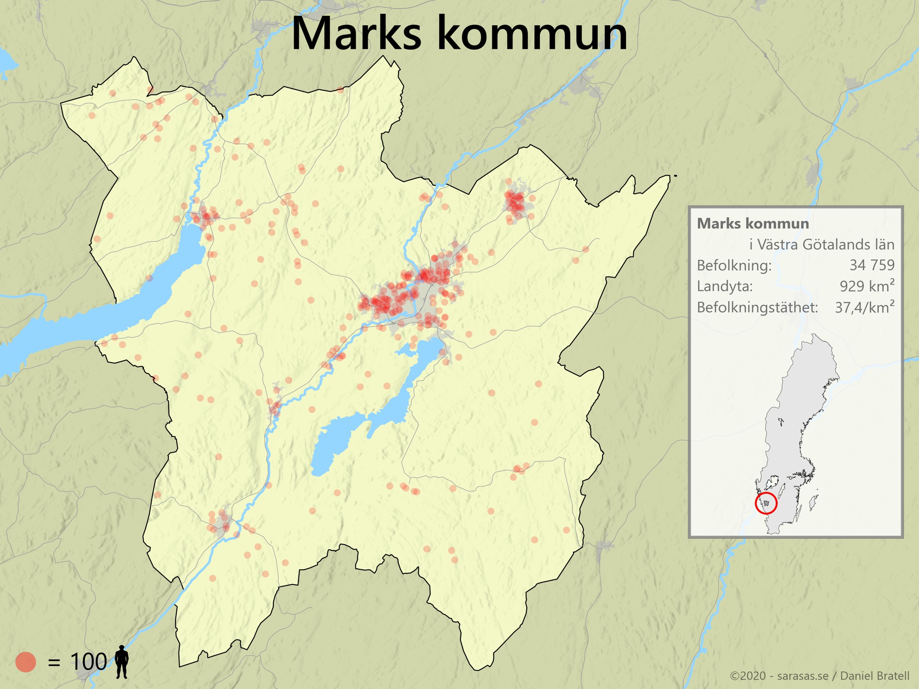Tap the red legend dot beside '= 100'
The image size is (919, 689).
pyautogui.click(x=26, y=662)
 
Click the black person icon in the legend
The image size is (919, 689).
pyautogui.click(x=122, y=662)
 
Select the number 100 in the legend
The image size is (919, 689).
pyautogui.click(x=88, y=662)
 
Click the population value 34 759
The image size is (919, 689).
pyautogui.click(x=872, y=265)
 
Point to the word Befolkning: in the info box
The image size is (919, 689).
pyautogui.click(x=734, y=266)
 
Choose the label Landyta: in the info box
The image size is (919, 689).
pyautogui.click(x=725, y=286)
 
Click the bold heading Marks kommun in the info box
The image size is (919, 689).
pyautogui.click(x=753, y=223)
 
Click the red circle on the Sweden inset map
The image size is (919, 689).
pyautogui.click(x=766, y=503)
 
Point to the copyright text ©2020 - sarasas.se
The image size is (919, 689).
pyautogui.click(x=779, y=676)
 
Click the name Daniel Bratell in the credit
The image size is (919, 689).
pyautogui.click(x=875, y=676)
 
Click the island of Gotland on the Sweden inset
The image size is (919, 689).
pyautogui.click(x=813, y=502)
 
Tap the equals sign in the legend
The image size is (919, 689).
pyautogui.click(x=54, y=662)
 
